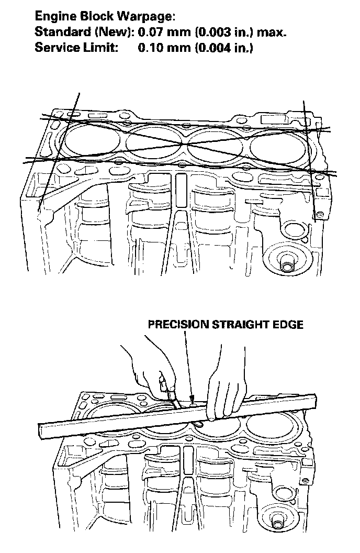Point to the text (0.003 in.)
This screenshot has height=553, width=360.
pyautogui.click(x=227, y=32)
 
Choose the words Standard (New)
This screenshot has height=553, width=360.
pyautogui.click(x=84, y=32)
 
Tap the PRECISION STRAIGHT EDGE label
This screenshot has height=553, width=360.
pyautogui.click(x=225, y=324)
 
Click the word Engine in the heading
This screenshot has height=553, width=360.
pyautogui.click(x=52, y=17)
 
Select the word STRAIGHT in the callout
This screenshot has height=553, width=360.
pyautogui.click(x=239, y=324)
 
